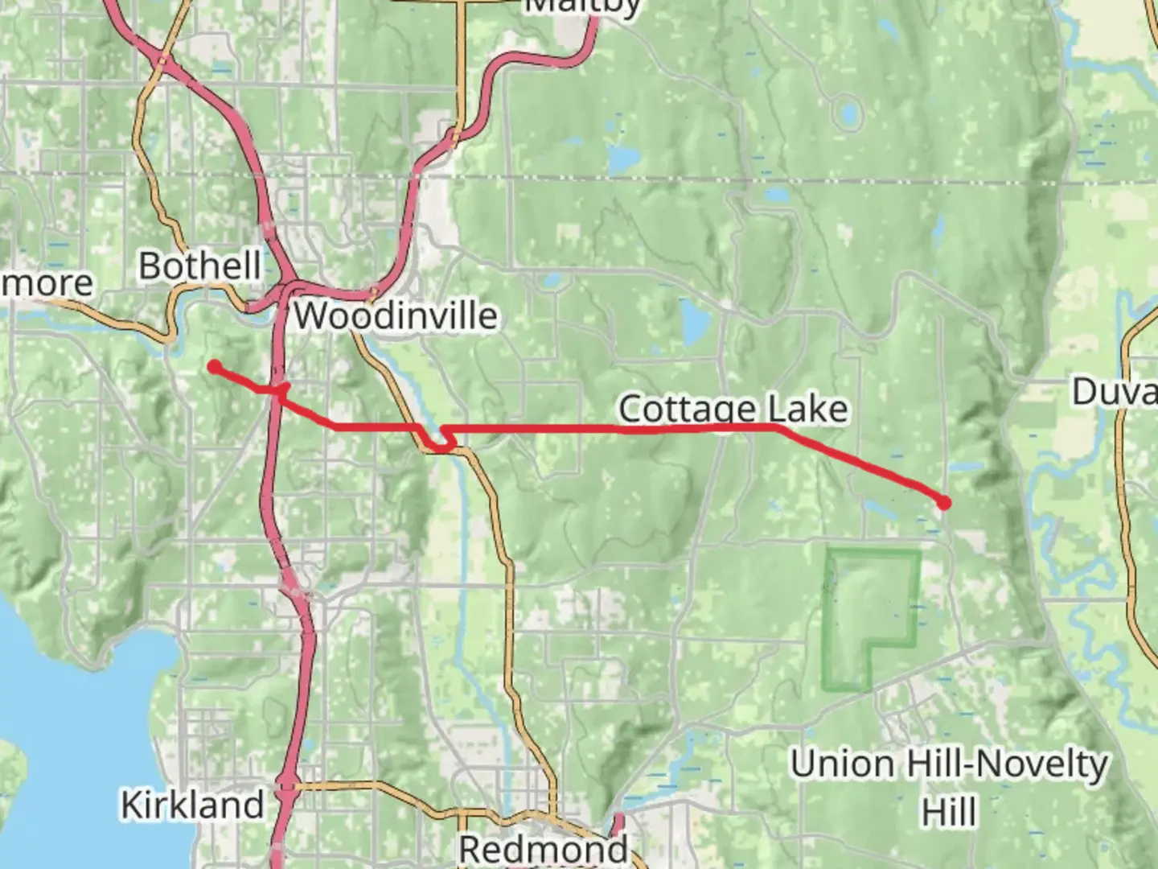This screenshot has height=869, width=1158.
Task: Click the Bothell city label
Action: [x=199, y=266]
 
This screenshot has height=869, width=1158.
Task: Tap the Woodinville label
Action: [x=395, y=315]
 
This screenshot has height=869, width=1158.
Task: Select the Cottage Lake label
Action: [x=733, y=409]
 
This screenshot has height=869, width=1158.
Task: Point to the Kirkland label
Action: [x=192, y=804]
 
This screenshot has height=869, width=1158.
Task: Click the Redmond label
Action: [x=543, y=848]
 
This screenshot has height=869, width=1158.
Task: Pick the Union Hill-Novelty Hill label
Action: [x=949, y=764]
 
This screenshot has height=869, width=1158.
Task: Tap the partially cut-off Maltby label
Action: [x=583, y=7]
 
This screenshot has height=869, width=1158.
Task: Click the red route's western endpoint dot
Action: [x=214, y=367]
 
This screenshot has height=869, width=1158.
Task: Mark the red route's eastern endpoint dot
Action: [x=944, y=503]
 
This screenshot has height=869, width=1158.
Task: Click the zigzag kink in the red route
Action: [x=441, y=438]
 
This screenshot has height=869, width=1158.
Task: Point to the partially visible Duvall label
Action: [x=1114, y=392]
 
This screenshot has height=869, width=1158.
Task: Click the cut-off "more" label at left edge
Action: [x=47, y=283]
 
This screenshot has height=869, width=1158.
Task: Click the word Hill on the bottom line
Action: [x=949, y=811]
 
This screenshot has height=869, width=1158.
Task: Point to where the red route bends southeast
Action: [x=778, y=428]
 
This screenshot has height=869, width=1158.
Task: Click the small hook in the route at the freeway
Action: [x=281, y=389]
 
